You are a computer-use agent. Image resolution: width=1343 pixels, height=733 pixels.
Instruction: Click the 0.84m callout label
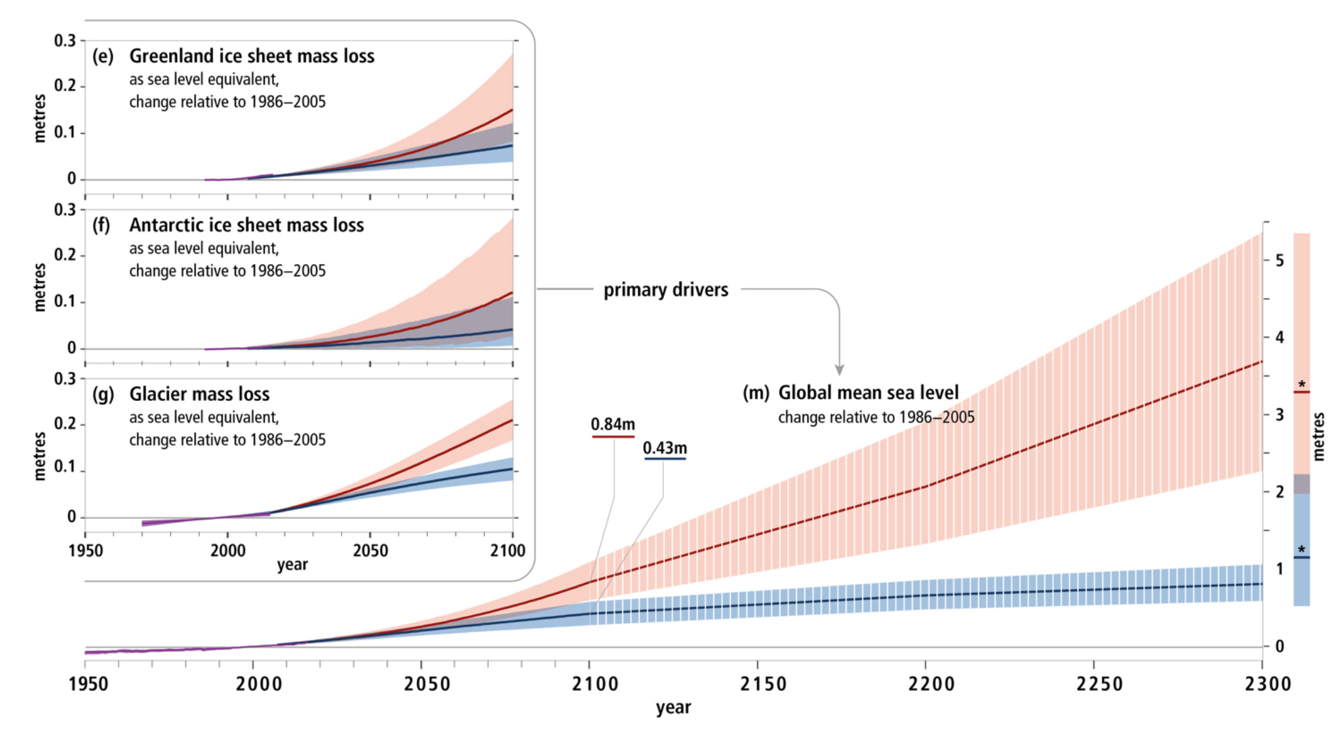613,424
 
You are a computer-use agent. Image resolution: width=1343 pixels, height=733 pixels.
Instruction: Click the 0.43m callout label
665,448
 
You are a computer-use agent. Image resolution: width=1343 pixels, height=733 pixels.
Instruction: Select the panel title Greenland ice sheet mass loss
252,56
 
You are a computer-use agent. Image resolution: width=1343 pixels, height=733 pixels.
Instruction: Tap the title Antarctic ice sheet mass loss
246,225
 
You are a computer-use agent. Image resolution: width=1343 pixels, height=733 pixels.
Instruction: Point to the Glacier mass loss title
199,394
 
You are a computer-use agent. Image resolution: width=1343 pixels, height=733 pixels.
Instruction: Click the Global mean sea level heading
868,392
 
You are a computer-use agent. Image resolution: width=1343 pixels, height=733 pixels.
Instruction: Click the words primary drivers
665,290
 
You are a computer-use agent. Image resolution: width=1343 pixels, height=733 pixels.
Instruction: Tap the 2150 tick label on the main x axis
763,684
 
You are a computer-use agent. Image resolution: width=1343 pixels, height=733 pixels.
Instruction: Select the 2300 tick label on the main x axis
1268,684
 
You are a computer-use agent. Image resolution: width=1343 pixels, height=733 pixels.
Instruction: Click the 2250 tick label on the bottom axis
1099,684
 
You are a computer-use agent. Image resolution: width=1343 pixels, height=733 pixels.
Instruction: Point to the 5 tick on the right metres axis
1279,261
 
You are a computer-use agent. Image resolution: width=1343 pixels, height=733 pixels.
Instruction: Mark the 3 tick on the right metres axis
1279,415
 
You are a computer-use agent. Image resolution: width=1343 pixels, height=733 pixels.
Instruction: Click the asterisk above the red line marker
1302,385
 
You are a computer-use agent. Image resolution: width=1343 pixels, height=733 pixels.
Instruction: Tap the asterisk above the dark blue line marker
1302,550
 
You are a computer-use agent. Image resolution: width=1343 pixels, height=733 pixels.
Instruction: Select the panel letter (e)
103,56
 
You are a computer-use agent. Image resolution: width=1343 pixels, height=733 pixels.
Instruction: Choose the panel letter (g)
103,394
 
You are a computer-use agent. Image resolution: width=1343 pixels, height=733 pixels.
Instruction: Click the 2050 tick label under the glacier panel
370,550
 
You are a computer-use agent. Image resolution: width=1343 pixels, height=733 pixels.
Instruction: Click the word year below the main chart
673,707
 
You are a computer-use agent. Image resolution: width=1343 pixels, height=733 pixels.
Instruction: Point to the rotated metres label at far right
1319,436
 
